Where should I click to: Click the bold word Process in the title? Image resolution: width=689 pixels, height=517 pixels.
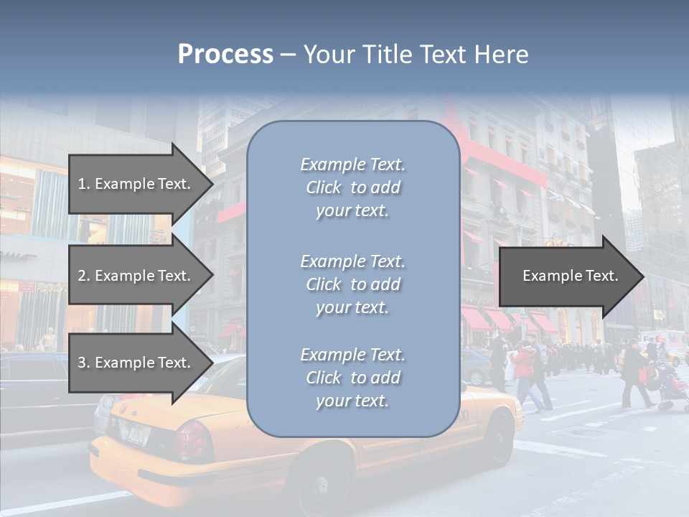[x=225, y=55]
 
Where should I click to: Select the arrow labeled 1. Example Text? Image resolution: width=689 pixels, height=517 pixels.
[x=136, y=184]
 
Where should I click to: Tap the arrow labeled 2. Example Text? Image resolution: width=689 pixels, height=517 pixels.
[x=136, y=276]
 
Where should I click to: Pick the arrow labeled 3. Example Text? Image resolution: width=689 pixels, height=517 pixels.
[x=136, y=363]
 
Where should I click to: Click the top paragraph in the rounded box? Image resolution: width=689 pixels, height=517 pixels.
[x=352, y=187]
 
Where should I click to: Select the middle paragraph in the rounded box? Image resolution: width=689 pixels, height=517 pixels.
[x=352, y=284]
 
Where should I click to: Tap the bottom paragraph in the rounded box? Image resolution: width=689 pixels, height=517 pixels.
[x=352, y=378]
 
